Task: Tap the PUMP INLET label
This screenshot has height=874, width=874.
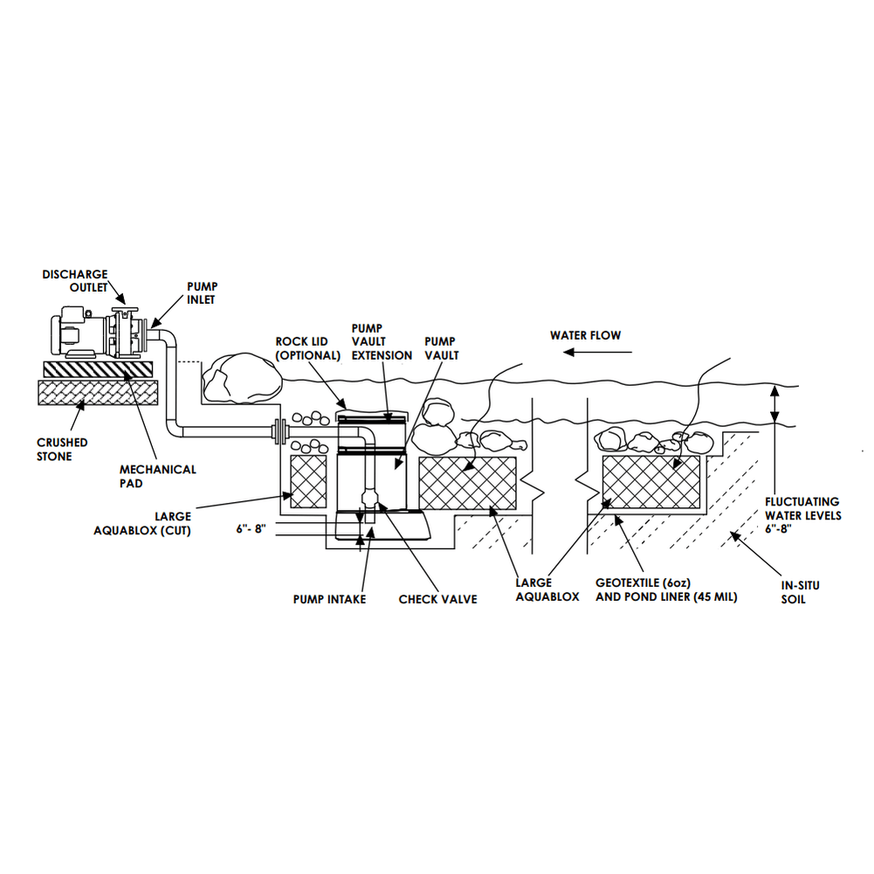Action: coord(202,292)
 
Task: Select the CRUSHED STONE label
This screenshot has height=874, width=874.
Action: coord(62,449)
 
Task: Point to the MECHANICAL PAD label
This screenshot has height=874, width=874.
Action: coord(157,475)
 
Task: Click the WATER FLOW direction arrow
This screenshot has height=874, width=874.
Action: coord(597,352)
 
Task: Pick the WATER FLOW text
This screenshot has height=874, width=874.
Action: coord(585,335)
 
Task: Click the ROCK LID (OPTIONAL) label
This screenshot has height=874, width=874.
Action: coord(307,348)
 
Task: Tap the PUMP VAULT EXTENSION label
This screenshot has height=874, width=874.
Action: coord(382,341)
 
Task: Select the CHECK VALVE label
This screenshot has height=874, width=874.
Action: coord(437,599)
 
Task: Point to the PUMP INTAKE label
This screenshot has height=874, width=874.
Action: coord(329,599)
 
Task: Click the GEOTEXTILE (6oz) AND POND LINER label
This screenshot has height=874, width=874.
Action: coord(666,589)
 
